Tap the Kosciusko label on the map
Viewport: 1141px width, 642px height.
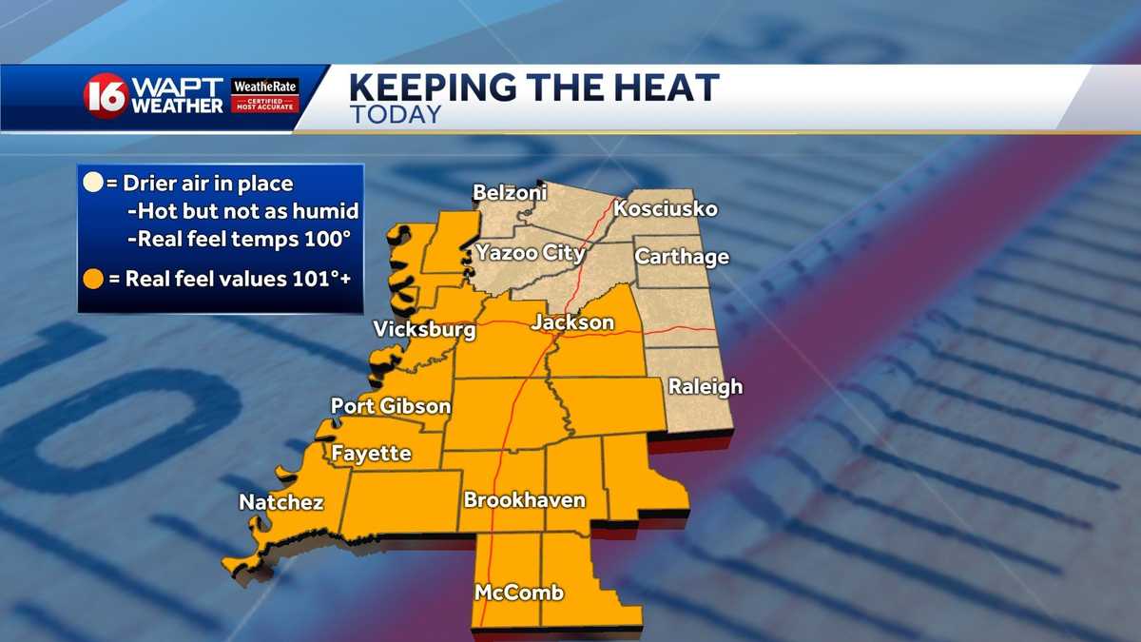click(x=666, y=208)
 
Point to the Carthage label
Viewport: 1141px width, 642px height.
click(x=682, y=257)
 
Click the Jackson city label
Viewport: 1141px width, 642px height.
click(x=572, y=322)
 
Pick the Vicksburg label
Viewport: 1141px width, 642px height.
click(x=424, y=330)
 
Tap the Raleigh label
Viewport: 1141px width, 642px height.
click(x=705, y=387)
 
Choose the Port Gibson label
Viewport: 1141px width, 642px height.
click(x=391, y=406)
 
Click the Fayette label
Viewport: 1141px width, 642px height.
click(x=371, y=454)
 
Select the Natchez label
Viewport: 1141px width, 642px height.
click(x=281, y=502)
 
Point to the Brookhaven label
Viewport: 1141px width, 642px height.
click(x=524, y=500)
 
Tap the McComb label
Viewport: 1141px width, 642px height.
click(x=519, y=593)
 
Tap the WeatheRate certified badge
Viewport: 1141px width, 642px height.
click(x=265, y=96)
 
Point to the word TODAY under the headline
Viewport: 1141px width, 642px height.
click(x=395, y=116)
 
